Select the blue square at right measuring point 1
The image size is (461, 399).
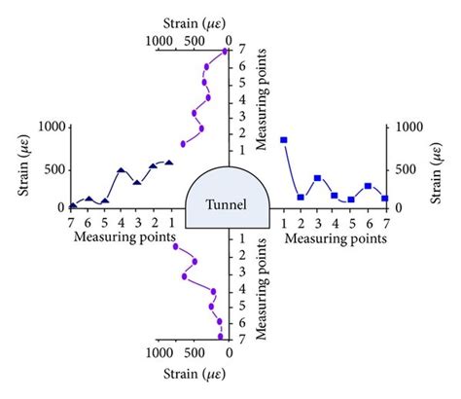(x=284, y=140)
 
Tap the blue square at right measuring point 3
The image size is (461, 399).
(x=317, y=178)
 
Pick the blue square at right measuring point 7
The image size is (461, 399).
(x=385, y=199)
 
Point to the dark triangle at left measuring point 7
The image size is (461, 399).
(x=73, y=205)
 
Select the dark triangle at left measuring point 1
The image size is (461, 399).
(x=169, y=163)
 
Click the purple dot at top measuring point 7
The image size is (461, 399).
(x=226, y=51)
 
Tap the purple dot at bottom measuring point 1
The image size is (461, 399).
(x=176, y=246)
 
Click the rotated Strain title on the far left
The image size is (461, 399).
(x=21, y=165)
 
